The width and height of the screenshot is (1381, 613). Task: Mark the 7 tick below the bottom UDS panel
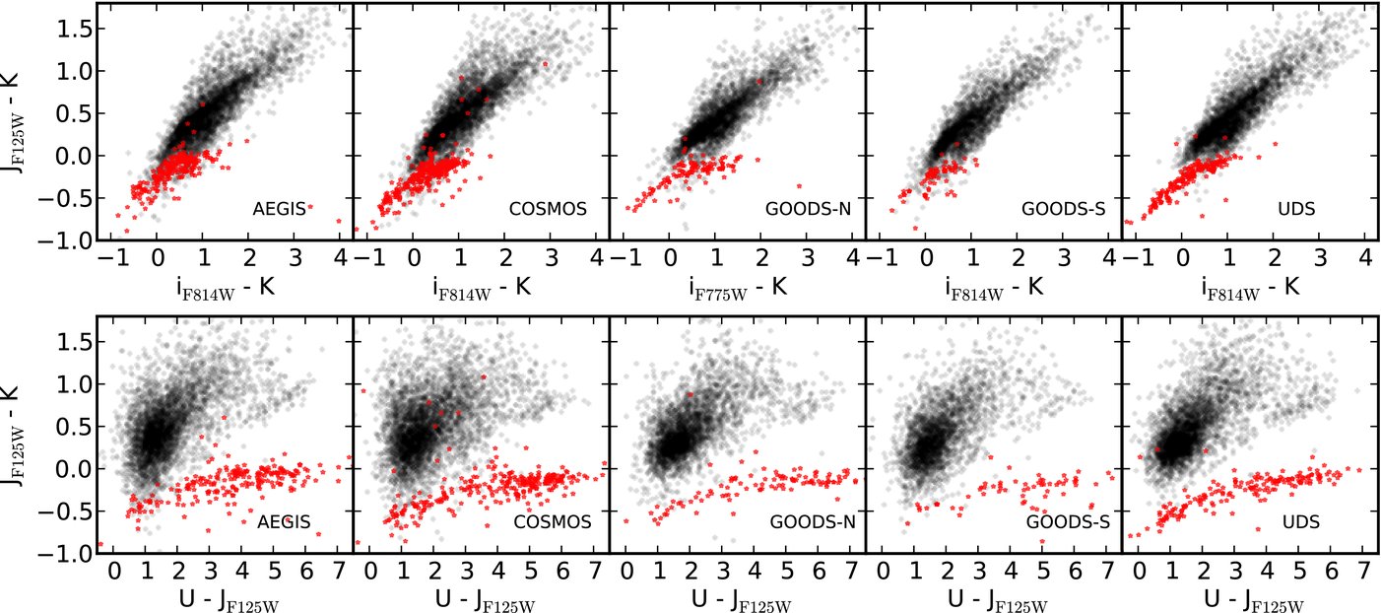pos(1363,571)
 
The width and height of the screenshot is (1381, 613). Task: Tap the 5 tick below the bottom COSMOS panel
pos(531,571)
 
